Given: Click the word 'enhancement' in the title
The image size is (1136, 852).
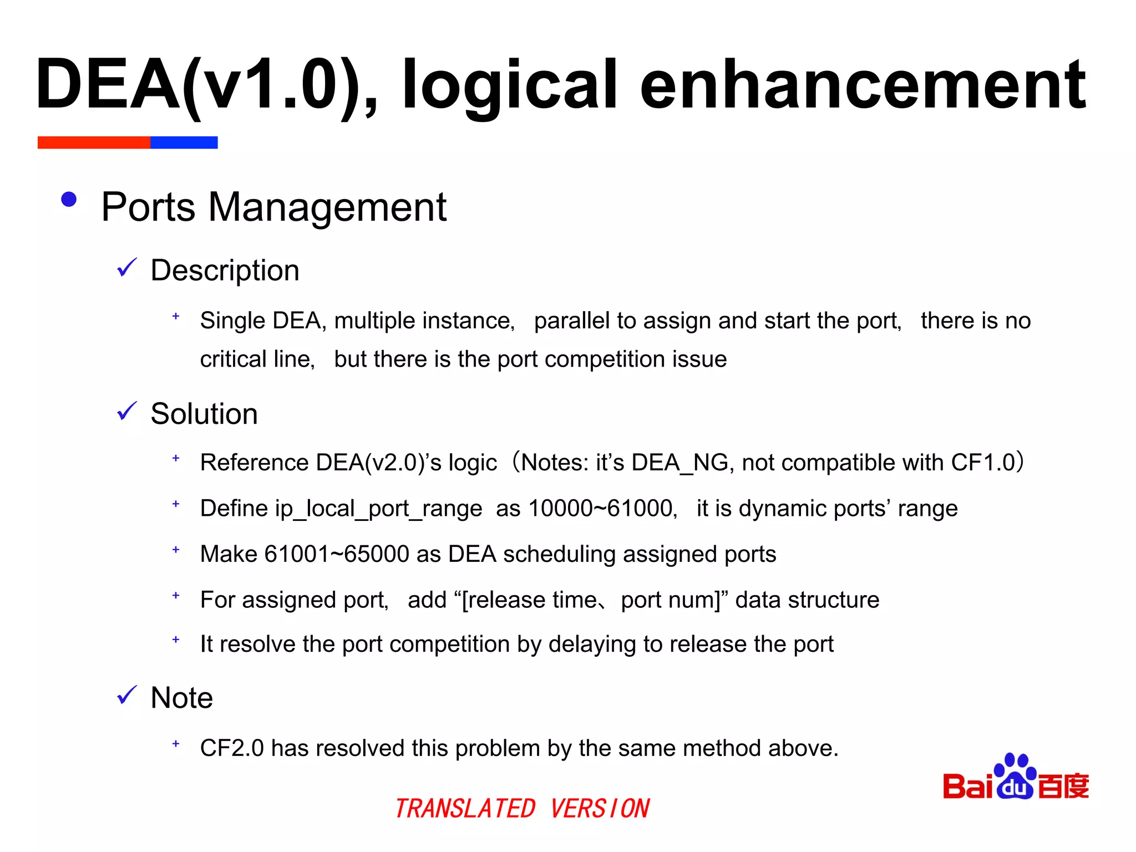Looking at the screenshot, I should click(x=863, y=86).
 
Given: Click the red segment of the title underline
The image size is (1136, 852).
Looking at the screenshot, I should click(x=94, y=143).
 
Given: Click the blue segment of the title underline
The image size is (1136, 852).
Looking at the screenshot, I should click(x=184, y=143).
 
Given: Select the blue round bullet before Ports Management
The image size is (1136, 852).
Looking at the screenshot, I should click(x=69, y=200).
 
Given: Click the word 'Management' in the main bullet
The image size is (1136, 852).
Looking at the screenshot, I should click(x=327, y=207).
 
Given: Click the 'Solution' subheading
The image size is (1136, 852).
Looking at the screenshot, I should click(x=204, y=414).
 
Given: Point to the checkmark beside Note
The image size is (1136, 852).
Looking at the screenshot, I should click(x=127, y=695).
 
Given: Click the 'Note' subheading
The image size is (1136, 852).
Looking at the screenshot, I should click(x=181, y=698).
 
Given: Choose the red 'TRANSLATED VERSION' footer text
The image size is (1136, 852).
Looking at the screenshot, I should click(x=522, y=808).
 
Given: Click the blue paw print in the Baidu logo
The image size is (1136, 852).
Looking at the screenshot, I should click(x=1015, y=777).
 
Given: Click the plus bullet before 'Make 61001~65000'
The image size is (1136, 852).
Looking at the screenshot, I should click(x=176, y=550).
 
